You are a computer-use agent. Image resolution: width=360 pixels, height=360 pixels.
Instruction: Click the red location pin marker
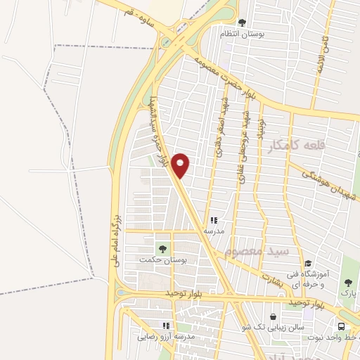tap(181, 165)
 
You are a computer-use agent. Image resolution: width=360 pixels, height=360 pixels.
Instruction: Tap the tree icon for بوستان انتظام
tap(243, 22)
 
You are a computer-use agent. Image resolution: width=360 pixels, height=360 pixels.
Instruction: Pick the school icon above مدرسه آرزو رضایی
tap(167, 326)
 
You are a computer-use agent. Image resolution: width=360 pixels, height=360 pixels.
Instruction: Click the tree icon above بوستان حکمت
tap(162, 248)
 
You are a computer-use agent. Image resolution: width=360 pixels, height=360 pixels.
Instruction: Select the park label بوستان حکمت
tap(156, 260)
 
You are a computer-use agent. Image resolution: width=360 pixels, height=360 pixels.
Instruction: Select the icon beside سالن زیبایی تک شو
tap(273, 317)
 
